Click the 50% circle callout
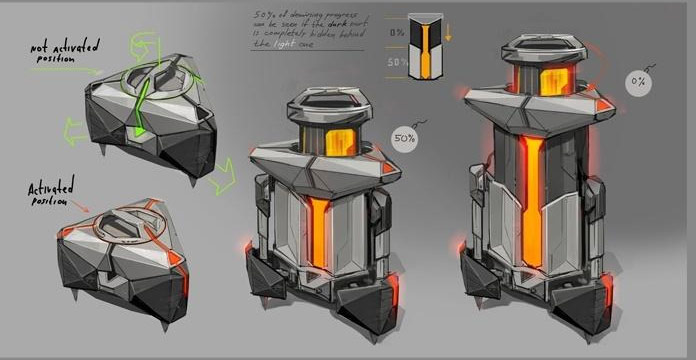coord(405,136)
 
